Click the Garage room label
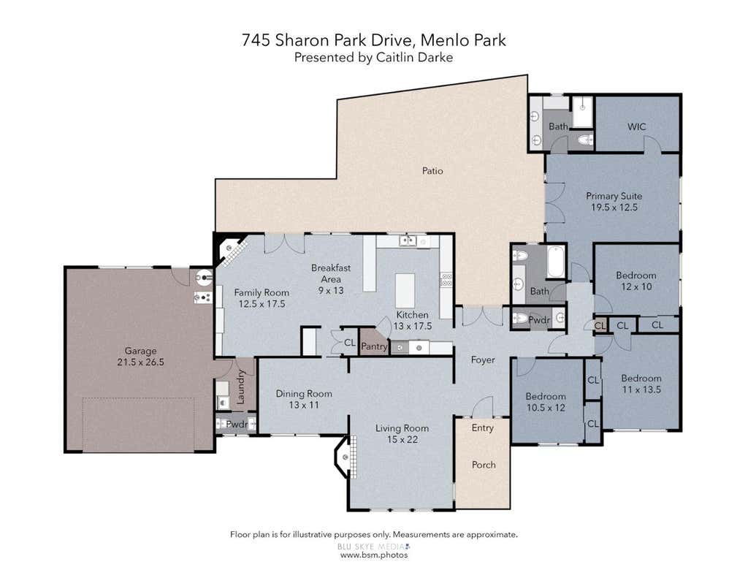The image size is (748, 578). click(140, 351)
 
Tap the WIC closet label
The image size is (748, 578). click(636, 126)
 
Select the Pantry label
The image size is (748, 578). click(374, 346)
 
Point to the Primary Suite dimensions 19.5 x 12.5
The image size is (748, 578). click(614, 207)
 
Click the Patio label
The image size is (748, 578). click(432, 170)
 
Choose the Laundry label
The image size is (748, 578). click(240, 387)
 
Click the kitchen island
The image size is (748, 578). click(405, 290)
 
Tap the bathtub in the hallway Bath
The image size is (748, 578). click(556, 262)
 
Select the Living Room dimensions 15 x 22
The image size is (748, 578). click(402, 440)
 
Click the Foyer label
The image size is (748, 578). click(483, 360)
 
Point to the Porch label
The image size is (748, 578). click(484, 465)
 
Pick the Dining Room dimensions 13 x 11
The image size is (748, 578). click(303, 405)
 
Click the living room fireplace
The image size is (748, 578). click(346, 457)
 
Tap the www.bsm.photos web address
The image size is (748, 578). click(374, 555)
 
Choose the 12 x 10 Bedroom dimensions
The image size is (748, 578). click(636, 286)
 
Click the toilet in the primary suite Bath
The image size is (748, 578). click(585, 140)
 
